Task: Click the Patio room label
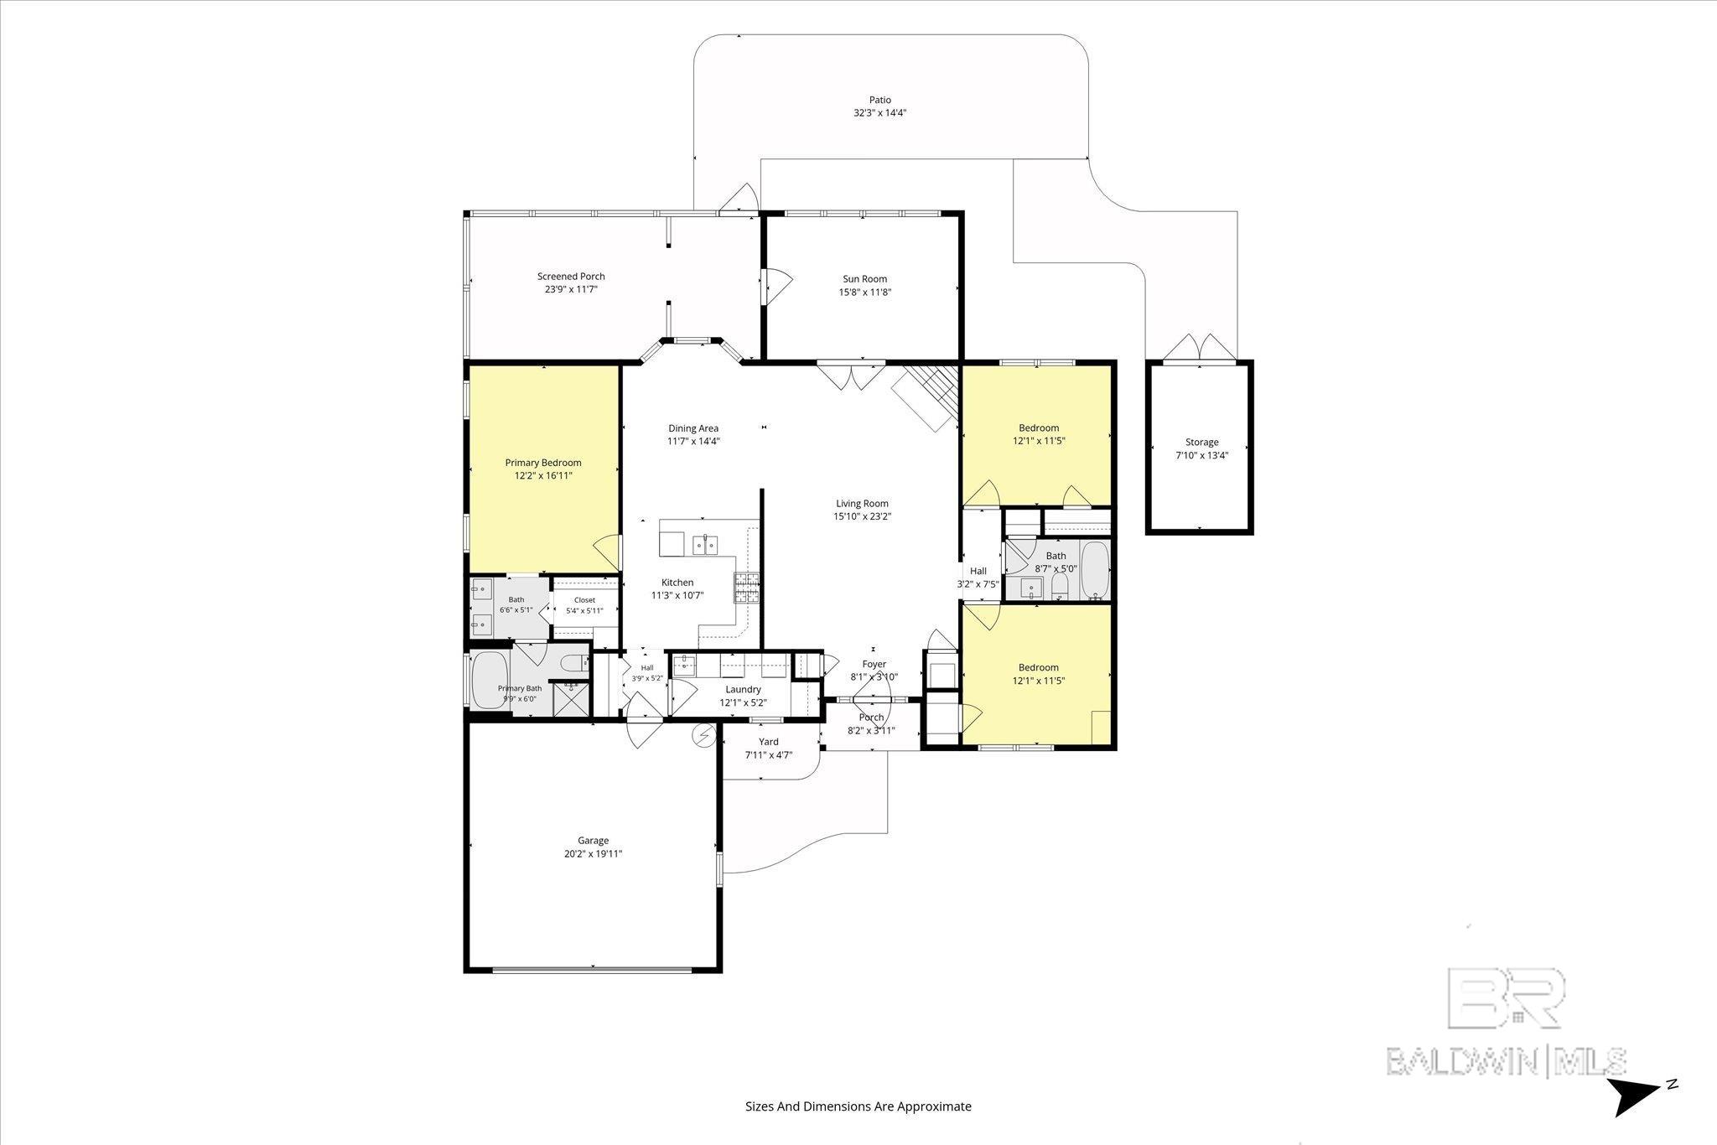point(879,100)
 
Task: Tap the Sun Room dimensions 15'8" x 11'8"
point(865,293)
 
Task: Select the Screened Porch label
point(571,277)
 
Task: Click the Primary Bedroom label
point(543,463)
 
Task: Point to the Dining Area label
point(693,428)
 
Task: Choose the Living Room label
point(862,504)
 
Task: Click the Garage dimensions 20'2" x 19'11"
point(594,854)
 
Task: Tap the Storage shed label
point(1201,443)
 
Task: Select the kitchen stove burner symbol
point(747,588)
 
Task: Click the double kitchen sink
point(704,545)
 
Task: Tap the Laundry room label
point(743,690)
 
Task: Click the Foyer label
point(874,665)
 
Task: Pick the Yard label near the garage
point(769,742)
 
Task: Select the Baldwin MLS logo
point(1506,1022)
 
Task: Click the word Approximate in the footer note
point(935,1106)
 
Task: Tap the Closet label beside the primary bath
point(584,600)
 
